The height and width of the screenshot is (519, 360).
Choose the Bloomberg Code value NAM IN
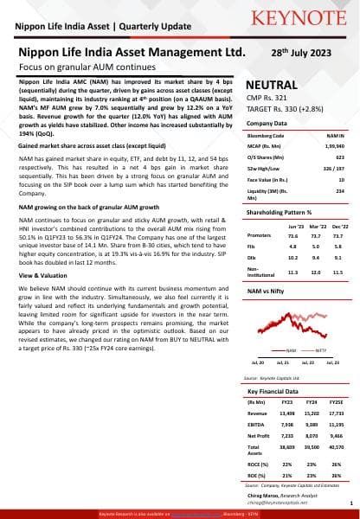336,136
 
